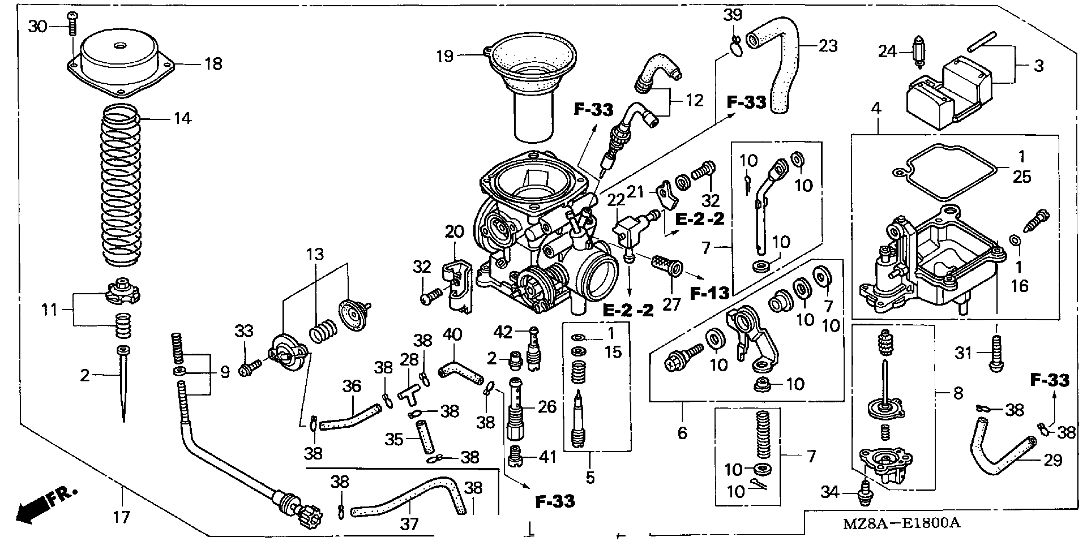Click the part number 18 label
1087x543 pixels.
213,64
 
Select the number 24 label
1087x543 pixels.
887,52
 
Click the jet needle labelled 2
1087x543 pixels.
123,384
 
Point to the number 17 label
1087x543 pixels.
121,516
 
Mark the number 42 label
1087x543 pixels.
502,333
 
